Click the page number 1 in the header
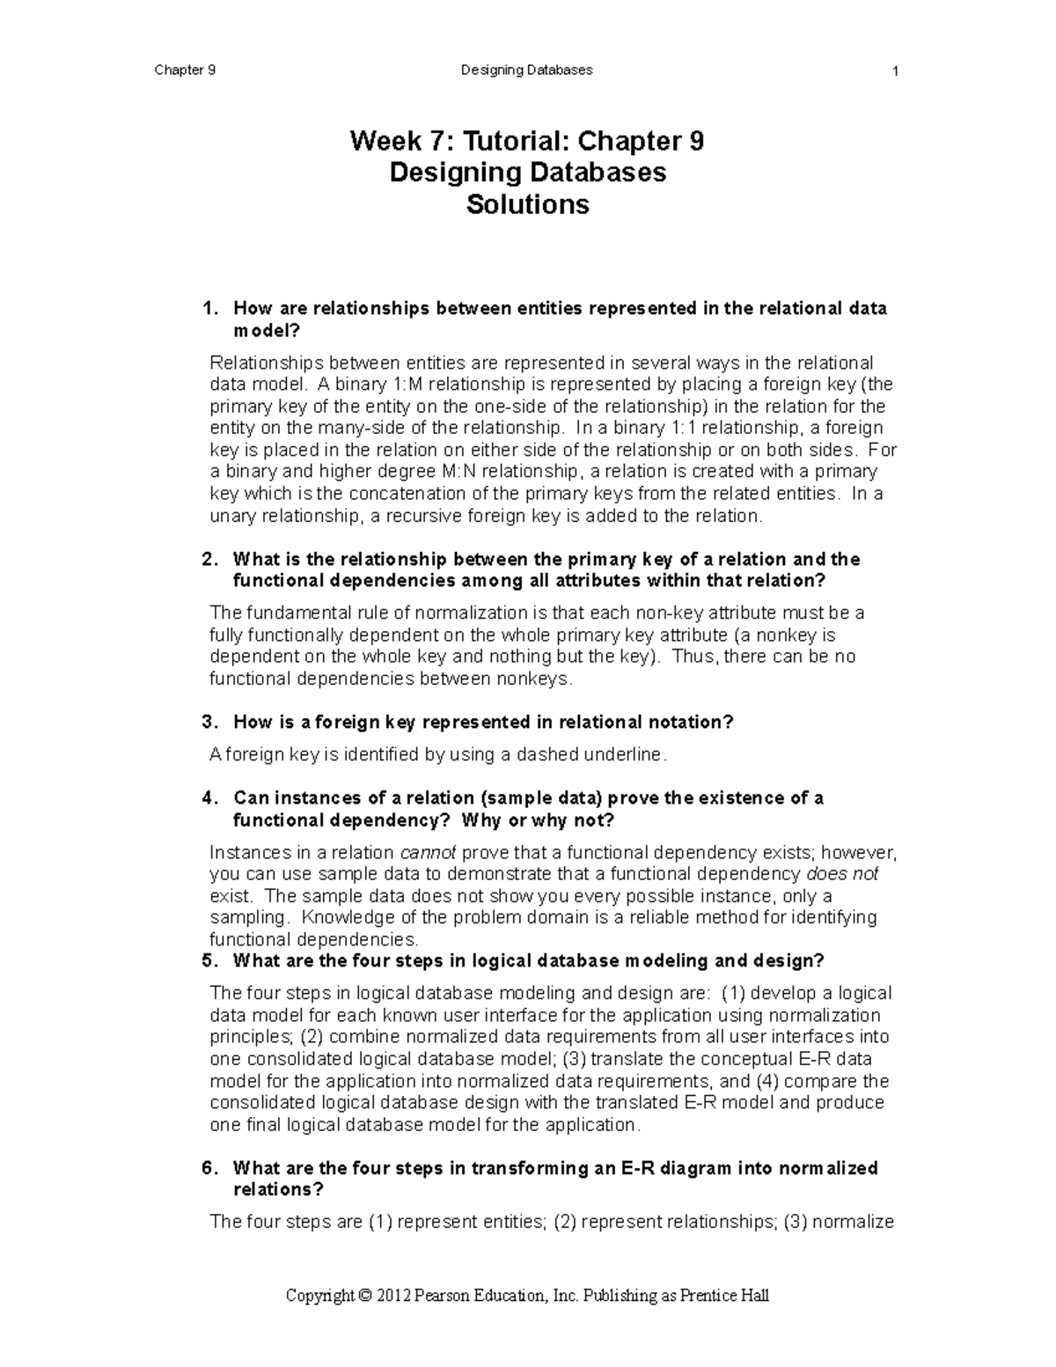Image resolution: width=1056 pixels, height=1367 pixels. (x=894, y=71)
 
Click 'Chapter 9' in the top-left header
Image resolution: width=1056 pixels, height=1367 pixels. (x=185, y=70)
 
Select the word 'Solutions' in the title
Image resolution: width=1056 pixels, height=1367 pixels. (x=527, y=205)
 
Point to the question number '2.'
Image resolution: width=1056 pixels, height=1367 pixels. (x=209, y=560)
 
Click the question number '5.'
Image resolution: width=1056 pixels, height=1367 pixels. (x=209, y=960)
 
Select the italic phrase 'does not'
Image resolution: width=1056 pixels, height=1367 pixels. (x=842, y=874)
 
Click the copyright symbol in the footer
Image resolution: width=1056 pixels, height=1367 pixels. (x=365, y=1296)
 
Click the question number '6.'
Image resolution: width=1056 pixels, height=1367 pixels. (x=209, y=1168)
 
